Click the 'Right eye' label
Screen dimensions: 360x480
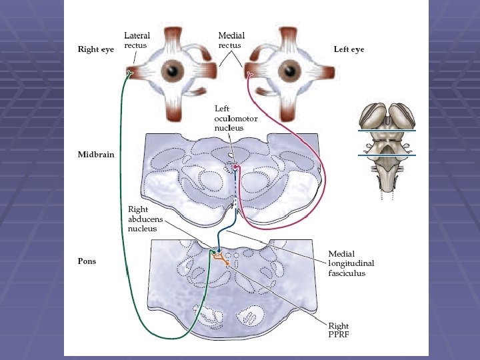coord(96,49)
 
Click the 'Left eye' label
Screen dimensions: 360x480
coord(349,49)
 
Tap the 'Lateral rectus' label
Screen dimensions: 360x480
coord(137,40)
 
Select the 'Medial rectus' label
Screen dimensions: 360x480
coord(231,40)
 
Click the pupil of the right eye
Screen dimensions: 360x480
coord(175,69)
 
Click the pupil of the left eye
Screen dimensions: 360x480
coord(290,69)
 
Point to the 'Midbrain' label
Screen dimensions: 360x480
coord(96,155)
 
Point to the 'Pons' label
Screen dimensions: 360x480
coord(87,261)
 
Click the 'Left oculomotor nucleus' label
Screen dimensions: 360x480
coord(229,118)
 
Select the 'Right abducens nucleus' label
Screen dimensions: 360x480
coord(143,219)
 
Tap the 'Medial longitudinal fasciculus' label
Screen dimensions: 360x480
coord(347,263)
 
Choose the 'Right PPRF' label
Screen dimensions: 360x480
coord(339,330)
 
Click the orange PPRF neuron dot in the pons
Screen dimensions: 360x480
coord(227,264)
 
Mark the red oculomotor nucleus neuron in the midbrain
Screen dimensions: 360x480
coord(235,165)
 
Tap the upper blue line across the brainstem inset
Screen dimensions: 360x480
coord(386,131)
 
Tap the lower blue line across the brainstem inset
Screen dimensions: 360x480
coord(386,155)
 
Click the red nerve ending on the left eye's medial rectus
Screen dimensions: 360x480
coord(249,73)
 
